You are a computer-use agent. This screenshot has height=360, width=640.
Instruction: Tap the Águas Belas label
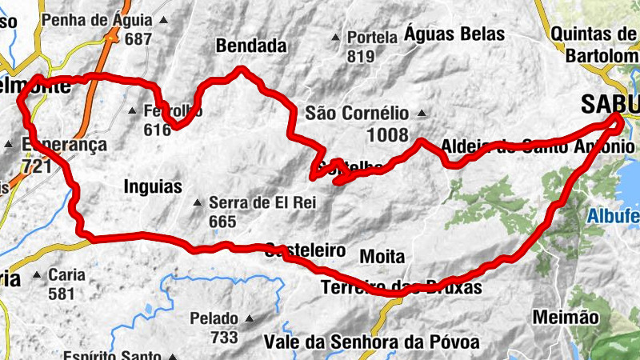454,34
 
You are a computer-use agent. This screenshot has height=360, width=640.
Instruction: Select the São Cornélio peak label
356,114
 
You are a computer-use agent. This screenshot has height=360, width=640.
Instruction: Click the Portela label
373,38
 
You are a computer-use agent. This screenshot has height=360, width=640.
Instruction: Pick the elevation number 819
362,56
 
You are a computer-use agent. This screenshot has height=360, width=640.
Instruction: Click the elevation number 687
138,38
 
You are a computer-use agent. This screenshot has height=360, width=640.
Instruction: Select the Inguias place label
153,186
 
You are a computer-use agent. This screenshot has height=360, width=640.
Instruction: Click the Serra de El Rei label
262,202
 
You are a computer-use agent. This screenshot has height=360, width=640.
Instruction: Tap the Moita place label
382,256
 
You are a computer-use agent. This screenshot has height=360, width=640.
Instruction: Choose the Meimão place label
565,318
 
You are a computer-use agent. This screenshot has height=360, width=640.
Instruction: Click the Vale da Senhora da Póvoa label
371,343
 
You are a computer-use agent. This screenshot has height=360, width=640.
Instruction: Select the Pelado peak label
214,318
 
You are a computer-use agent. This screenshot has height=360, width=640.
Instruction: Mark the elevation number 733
224,337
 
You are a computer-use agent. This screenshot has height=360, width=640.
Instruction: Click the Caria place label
66,275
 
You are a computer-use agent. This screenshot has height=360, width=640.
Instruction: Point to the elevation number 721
38,166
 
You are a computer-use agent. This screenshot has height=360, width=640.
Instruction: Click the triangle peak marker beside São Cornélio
421,114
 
